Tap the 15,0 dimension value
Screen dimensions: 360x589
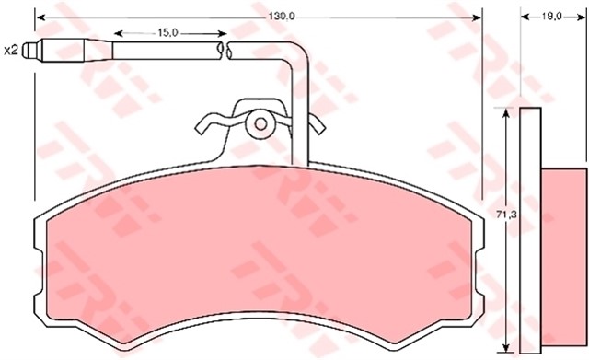pyautogui.click(x=167, y=31)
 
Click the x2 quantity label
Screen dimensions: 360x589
pyautogui.click(x=12, y=51)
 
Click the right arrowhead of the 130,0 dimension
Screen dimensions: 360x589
pyautogui.click(x=477, y=17)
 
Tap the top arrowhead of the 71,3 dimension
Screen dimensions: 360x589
pyautogui.click(x=506, y=112)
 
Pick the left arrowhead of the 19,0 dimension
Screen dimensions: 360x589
pyautogui.click(x=524, y=17)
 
